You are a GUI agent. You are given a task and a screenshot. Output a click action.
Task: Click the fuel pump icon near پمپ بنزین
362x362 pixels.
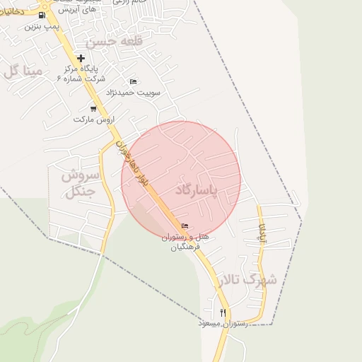tap(43, 16)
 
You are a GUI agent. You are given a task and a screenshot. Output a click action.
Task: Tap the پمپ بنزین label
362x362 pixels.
tap(39, 26)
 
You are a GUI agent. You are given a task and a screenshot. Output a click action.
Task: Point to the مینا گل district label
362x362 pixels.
tap(23, 71)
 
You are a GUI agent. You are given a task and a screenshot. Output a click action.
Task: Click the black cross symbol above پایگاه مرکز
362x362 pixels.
tap(81, 58)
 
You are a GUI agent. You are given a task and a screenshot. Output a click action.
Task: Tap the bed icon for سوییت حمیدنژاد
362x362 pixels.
tap(133, 82)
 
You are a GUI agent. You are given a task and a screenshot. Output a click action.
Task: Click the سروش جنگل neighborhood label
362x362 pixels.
tap(78, 182)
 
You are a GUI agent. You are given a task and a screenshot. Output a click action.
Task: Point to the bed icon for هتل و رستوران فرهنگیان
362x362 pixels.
tap(185, 226)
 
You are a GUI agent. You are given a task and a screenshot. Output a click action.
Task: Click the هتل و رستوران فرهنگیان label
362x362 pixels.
tap(185, 241)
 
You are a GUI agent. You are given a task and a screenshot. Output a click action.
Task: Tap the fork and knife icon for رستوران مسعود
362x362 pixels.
tap(223, 313)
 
